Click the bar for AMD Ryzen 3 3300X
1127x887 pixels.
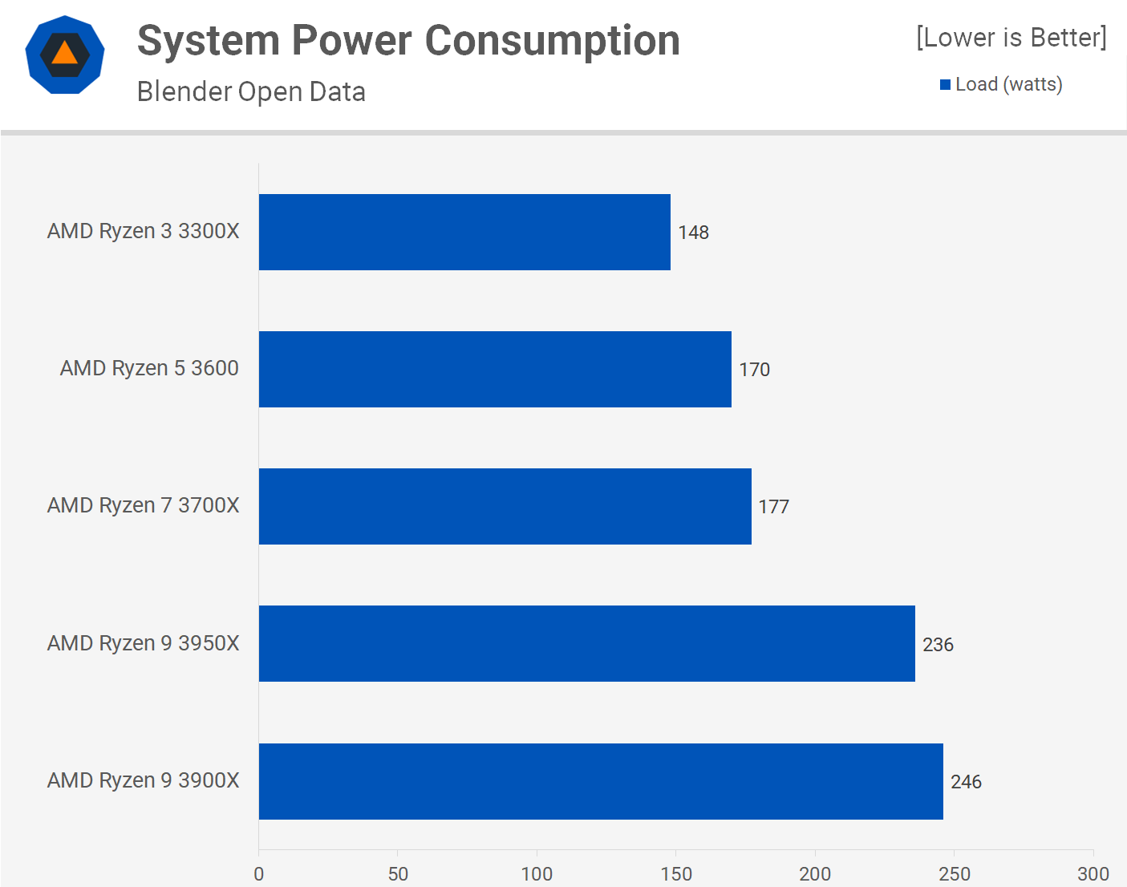464,232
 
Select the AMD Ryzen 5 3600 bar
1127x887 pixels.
495,369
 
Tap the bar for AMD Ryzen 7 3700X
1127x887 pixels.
505,506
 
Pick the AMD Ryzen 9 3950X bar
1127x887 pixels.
586,643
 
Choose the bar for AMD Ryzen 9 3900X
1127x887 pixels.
601,781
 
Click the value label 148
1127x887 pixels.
693,233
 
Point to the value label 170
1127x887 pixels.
754,370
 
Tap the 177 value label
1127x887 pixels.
773,507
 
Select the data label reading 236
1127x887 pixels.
938,645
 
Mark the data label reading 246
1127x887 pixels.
966,782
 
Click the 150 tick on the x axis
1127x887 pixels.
676,873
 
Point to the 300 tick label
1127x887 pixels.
1093,873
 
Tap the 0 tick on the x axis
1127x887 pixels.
258,873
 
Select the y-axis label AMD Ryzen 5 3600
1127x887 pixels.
149,368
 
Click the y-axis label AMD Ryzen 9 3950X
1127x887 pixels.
143,643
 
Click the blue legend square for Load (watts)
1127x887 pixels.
945,84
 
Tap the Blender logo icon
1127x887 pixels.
65,55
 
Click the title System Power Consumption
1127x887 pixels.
408,40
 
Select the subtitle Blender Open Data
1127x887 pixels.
251,91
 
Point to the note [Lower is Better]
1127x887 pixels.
1011,37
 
